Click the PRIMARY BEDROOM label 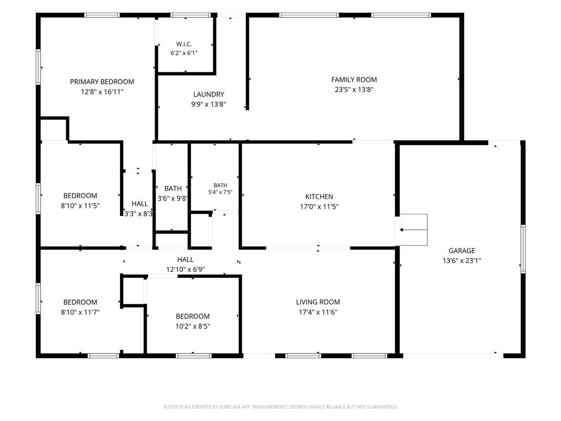tap(102, 82)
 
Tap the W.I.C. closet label tap(184, 44)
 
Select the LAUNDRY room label tap(209, 94)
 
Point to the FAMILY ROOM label tap(354, 79)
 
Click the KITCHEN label tap(319, 197)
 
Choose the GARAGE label tap(462, 251)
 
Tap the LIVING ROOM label tap(318, 302)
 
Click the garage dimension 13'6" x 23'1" tap(462, 260)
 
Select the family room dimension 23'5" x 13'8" tap(354, 89)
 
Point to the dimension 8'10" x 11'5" tap(80, 206)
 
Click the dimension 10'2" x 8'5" tap(192, 326)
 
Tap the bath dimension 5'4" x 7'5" tap(220, 192)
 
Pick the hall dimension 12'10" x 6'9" tap(185, 269)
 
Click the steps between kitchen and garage tap(413, 230)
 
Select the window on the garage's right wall tap(523, 249)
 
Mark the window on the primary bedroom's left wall tap(38, 67)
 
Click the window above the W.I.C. tap(191, 15)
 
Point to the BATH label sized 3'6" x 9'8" tap(173, 189)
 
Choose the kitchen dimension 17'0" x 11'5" tap(319, 207)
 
